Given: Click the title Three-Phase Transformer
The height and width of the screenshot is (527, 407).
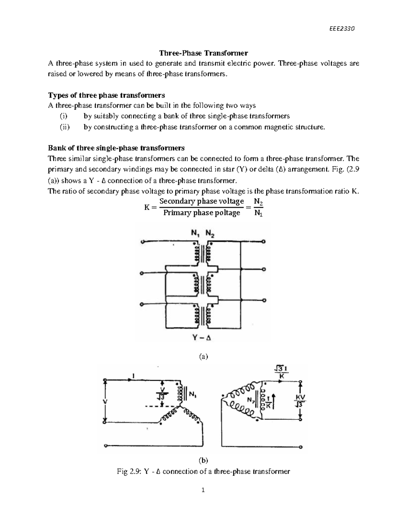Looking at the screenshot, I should click(x=203, y=53).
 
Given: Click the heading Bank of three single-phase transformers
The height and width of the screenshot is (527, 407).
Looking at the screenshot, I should click(x=116, y=148).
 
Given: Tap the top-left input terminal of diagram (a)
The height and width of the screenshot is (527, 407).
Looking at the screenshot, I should click(x=143, y=242).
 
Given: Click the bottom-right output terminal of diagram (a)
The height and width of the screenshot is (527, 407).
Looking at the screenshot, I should click(x=264, y=300).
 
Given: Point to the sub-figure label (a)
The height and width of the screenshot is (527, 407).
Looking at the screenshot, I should click(x=203, y=356).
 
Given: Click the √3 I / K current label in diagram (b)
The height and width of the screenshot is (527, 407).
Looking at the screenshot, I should click(x=281, y=372).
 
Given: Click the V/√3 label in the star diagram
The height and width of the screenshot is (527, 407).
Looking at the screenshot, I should click(x=162, y=393).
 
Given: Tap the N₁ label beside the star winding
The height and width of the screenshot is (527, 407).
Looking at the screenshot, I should click(x=193, y=395).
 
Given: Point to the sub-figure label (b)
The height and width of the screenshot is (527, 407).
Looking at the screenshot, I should click(x=203, y=460).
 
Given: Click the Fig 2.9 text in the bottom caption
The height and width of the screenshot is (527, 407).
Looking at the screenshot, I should click(x=129, y=471).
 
